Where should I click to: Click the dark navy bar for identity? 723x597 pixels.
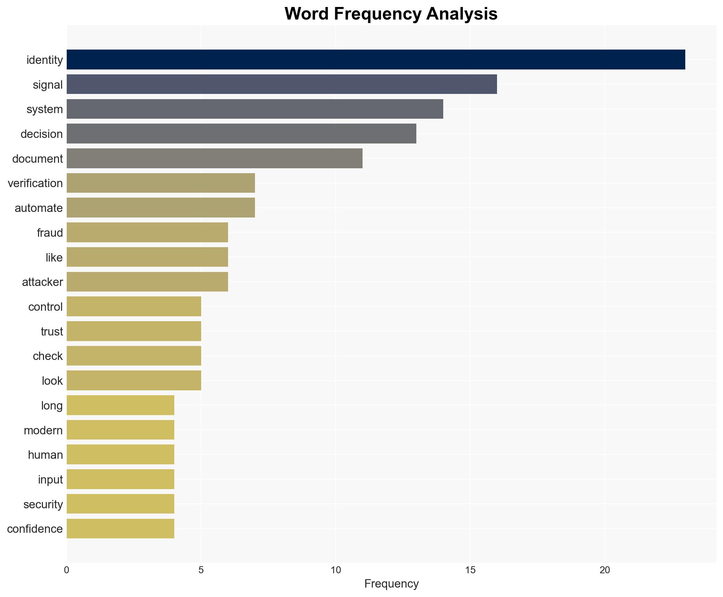(x=375, y=60)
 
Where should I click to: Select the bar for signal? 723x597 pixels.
(x=282, y=84)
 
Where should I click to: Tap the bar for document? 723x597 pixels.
(x=214, y=159)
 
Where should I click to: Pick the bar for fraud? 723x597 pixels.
(x=147, y=233)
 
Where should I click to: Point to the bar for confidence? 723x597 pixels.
(x=120, y=529)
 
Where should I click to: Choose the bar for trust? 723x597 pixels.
(x=134, y=331)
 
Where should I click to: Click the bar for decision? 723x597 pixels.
(x=241, y=134)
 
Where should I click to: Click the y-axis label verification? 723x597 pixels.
(x=35, y=183)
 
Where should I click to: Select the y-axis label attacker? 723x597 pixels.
(x=42, y=282)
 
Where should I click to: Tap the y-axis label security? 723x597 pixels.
(x=43, y=504)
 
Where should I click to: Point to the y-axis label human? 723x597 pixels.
(x=45, y=455)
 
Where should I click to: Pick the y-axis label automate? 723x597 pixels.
(x=38, y=208)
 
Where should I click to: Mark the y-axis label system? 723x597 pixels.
(x=45, y=109)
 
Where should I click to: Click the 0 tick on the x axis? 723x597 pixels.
(x=67, y=570)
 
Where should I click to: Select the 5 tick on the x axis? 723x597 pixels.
(x=201, y=570)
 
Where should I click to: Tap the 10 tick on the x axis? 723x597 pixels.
(x=336, y=570)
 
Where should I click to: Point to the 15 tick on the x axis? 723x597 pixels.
(x=470, y=570)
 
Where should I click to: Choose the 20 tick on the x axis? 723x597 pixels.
(x=605, y=570)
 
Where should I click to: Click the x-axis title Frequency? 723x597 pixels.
(x=391, y=584)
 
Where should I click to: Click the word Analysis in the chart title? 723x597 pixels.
(x=462, y=14)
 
